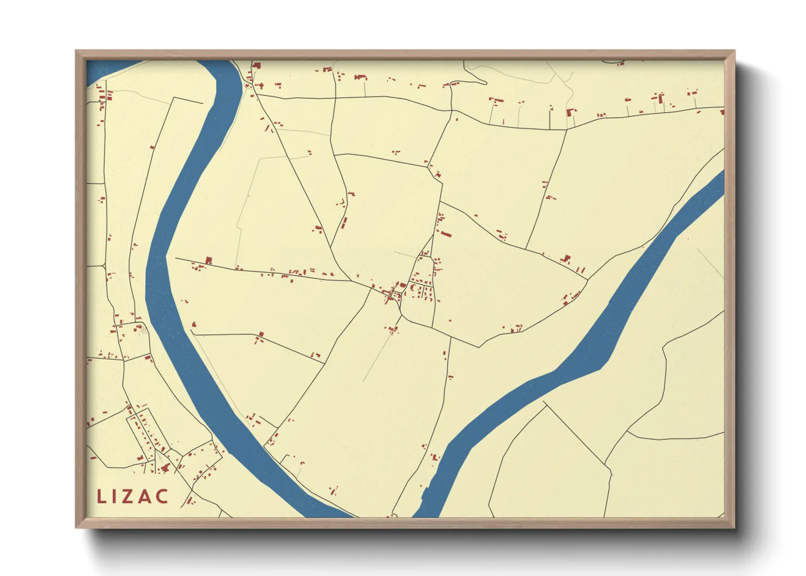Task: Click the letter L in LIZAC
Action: click(x=101, y=497)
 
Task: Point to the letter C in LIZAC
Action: click(x=162, y=497)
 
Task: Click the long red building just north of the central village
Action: click(x=446, y=235)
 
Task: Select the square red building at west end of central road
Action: click(x=207, y=260)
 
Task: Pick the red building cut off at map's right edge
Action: click(x=722, y=113)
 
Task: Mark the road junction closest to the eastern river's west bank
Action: click(x=588, y=280)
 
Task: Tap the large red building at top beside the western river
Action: click(x=257, y=66)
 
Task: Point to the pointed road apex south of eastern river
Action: click(x=545, y=403)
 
